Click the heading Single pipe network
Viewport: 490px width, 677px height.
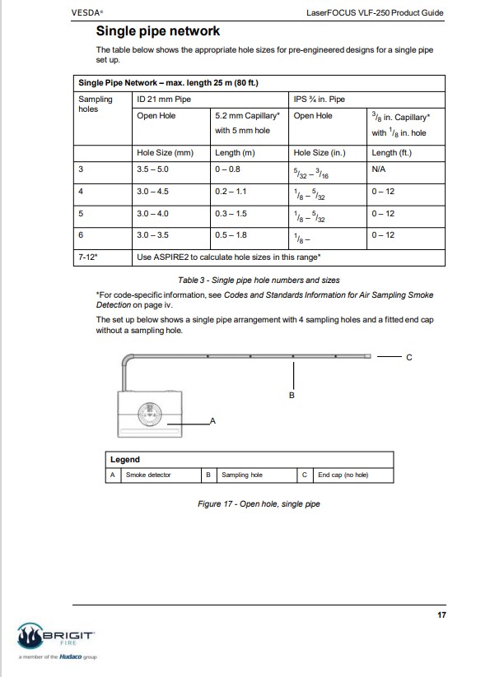158,31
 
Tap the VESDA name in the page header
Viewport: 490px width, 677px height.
86,12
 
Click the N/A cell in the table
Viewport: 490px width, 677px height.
379,169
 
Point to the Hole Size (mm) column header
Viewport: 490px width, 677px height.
165,153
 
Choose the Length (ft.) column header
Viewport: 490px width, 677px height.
391,153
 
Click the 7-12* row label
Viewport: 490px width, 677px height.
88,257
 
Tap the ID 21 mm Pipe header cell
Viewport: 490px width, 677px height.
164,100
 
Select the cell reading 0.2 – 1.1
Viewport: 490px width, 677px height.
231,192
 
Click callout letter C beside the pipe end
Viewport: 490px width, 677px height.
409,358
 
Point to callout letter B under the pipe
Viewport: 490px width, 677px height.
292,395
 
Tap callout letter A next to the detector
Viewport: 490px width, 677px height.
212,420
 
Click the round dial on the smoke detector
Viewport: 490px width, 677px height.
150,414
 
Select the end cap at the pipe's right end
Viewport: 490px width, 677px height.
368,356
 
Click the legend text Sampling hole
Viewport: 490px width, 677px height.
242,475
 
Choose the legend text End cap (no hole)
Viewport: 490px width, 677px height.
343,475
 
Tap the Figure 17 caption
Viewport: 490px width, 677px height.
259,504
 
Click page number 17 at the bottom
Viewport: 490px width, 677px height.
441,614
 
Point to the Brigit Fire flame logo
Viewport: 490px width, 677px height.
30,636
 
